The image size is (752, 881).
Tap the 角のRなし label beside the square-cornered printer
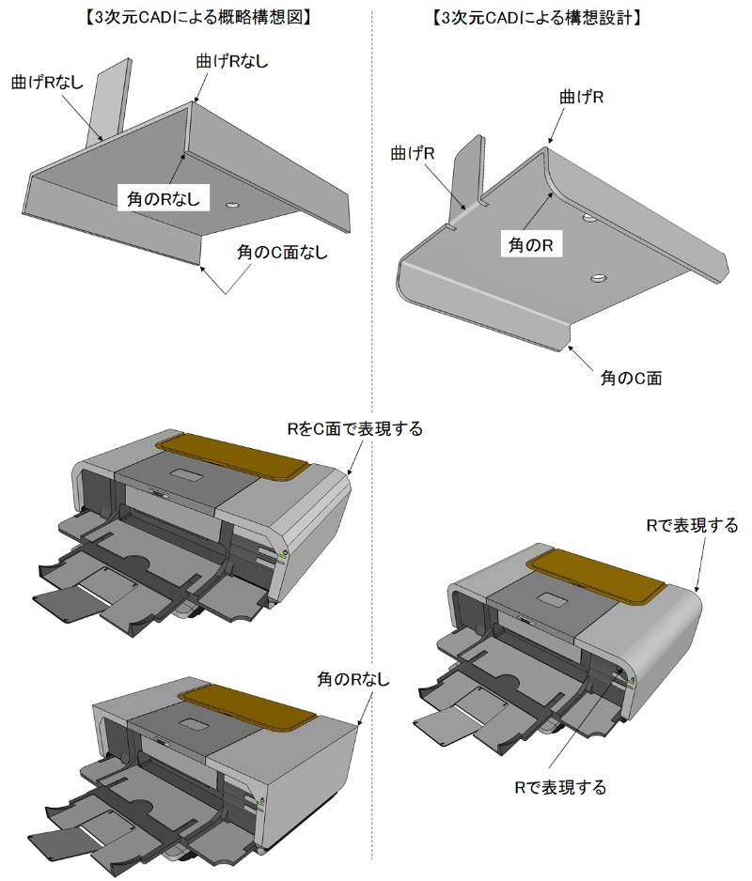(352, 679)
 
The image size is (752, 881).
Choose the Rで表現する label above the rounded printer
(692, 524)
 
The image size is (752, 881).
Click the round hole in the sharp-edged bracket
(233, 204)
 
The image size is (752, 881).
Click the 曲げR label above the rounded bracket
(581, 97)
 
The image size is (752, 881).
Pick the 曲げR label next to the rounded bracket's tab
(414, 153)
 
